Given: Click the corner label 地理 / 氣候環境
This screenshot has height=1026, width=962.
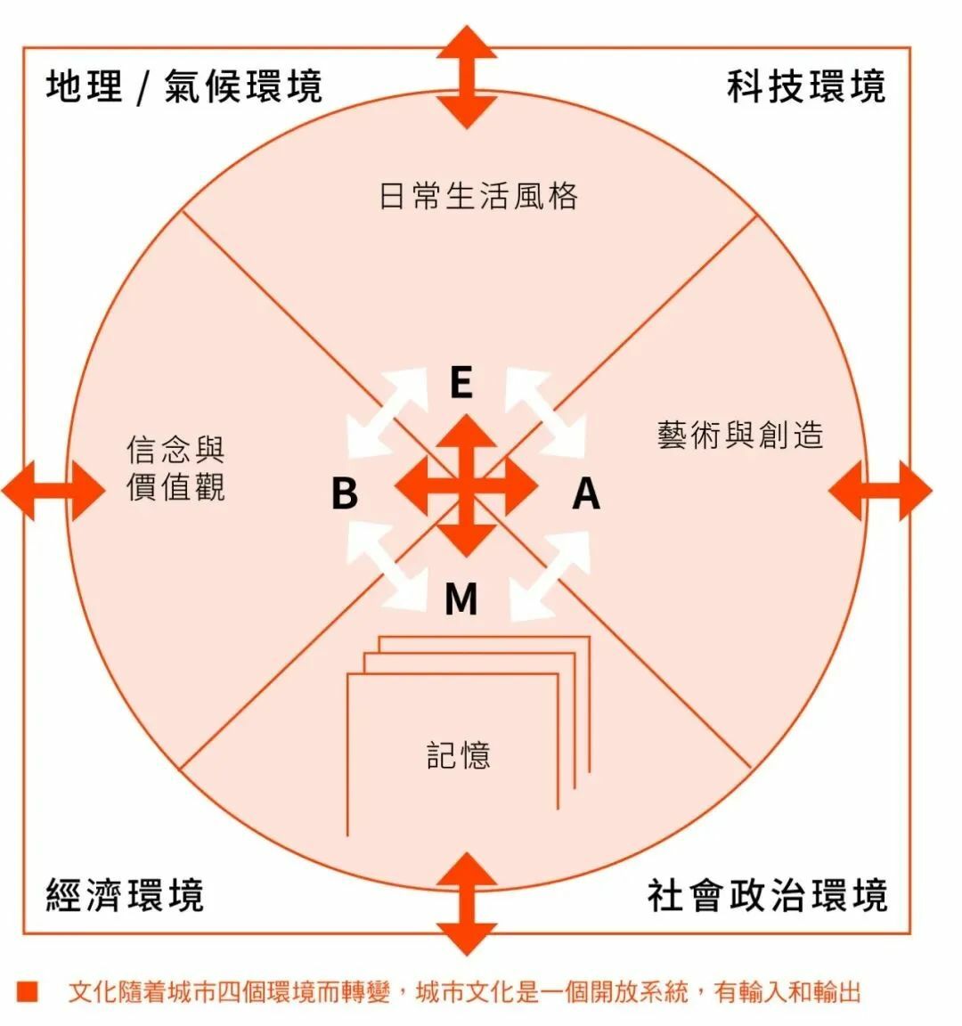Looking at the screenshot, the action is pos(183,87).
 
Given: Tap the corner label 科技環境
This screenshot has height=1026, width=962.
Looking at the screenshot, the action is pos(806,87).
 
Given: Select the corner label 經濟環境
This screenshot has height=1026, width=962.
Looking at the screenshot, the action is pos(125,894).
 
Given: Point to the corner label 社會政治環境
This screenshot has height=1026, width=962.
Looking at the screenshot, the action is pos(767,894).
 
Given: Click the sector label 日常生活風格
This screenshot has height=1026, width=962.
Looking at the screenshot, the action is pos(478,196).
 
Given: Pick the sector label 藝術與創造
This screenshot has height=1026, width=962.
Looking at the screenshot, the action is pos(740,436).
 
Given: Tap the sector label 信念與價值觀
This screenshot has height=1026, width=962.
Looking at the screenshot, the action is pos(175,468).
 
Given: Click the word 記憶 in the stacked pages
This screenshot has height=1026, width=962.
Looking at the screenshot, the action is pos(459,755).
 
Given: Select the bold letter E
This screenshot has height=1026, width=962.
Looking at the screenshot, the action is pos(461,384).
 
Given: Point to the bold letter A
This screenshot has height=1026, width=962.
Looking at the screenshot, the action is pos(585,493).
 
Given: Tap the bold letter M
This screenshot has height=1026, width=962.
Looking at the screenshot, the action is pos(461,599).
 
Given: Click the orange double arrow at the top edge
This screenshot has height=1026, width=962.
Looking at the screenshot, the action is pos(467,77).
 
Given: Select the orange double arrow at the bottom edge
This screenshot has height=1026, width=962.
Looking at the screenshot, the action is pos(467,903).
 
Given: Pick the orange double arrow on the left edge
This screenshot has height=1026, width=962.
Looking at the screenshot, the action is pos(53,490).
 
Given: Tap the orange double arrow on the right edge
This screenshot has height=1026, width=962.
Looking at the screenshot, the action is pos(880,490).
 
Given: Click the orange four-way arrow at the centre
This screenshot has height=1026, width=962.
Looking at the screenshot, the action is pos(467,486).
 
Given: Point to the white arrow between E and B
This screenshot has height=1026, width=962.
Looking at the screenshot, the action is pos(386,412).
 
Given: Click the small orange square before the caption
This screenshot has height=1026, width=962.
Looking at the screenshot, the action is pos(27,991).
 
